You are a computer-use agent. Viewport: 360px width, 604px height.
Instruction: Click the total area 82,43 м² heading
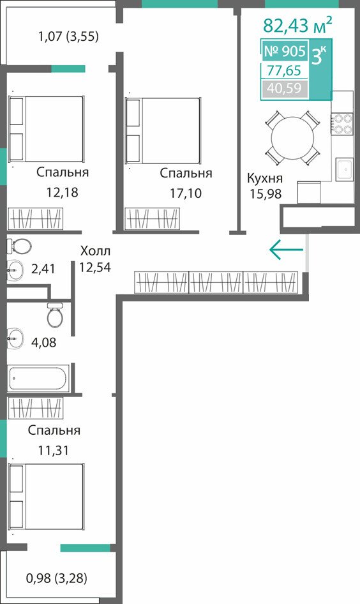[297, 26]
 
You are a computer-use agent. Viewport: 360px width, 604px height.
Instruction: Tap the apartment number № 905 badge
[285, 51]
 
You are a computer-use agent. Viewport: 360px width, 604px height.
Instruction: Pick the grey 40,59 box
[285, 89]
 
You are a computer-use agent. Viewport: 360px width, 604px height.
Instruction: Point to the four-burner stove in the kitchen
[342, 123]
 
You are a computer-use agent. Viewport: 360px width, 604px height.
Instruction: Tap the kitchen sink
[344, 169]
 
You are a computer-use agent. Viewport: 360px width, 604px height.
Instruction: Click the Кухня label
[265, 178]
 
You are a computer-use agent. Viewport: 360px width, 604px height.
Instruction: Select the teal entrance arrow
[286, 250]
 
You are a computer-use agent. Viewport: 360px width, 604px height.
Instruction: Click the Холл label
[95, 251]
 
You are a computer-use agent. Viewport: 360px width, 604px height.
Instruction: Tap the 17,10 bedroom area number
[186, 193]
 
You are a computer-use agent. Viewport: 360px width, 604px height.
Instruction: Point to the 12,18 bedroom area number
[62, 192]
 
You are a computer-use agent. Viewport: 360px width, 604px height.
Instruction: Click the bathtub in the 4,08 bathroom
[38, 378]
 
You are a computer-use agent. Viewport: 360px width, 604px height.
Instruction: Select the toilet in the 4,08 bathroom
[55, 315]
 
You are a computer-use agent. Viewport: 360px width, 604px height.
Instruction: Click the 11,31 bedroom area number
[53, 449]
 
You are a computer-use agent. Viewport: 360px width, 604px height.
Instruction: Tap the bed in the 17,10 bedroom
[163, 130]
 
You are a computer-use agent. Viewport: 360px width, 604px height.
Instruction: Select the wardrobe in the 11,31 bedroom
[35, 409]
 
